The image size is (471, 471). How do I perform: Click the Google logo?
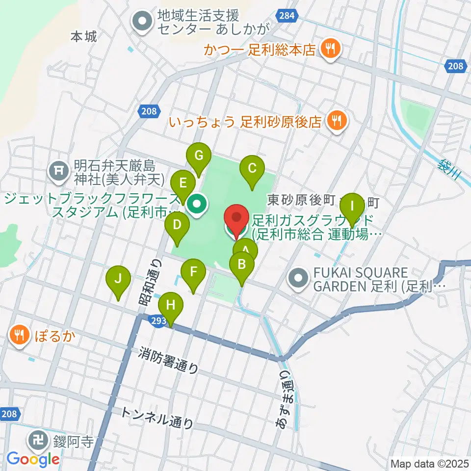[x=33, y=459]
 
